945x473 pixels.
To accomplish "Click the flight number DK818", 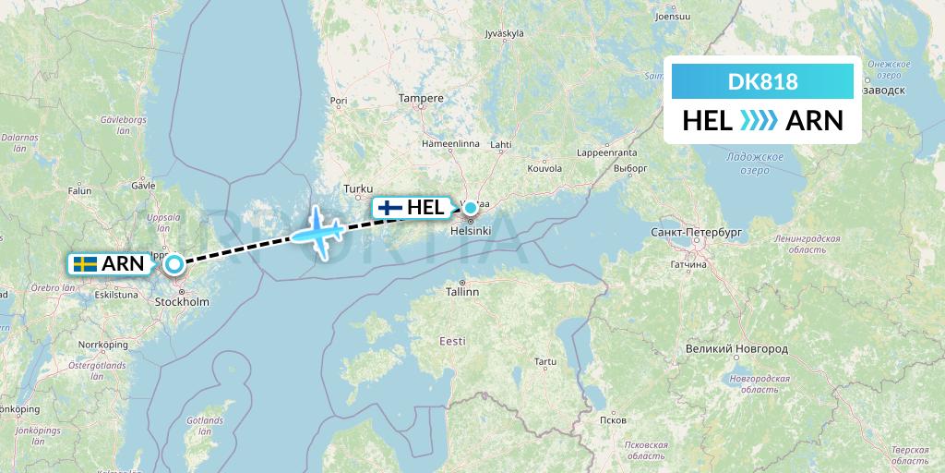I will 762,81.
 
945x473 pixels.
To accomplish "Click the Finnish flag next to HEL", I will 390,208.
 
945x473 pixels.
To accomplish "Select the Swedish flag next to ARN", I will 85,264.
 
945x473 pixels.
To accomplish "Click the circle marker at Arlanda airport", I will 174,265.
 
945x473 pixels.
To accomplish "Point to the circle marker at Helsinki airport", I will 470,207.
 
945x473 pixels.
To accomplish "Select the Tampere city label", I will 421,98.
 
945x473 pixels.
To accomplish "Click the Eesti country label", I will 452,342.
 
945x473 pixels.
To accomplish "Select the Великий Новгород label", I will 736,349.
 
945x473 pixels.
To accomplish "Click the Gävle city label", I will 143,185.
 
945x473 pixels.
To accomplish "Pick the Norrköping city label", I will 102,345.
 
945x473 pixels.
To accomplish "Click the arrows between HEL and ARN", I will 760,120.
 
